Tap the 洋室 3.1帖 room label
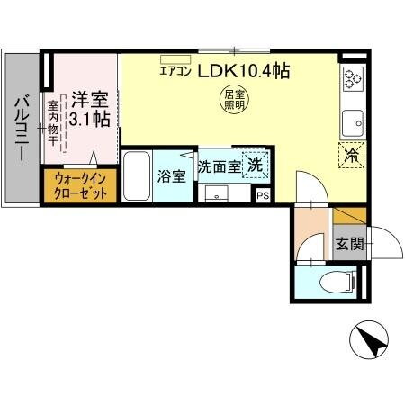pyautogui.click(x=90, y=107)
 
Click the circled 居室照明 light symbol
pyautogui.click(x=233, y=100)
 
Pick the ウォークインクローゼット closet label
pyautogui.click(x=80, y=186)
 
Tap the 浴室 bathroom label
pyautogui.click(x=172, y=175)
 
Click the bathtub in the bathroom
pyautogui.click(x=137, y=176)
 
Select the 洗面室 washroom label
pyautogui.click(x=219, y=166)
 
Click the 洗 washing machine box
pyautogui.click(x=256, y=166)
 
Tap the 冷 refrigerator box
pyautogui.click(x=351, y=154)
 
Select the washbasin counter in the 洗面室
pyautogui.click(x=217, y=193)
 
